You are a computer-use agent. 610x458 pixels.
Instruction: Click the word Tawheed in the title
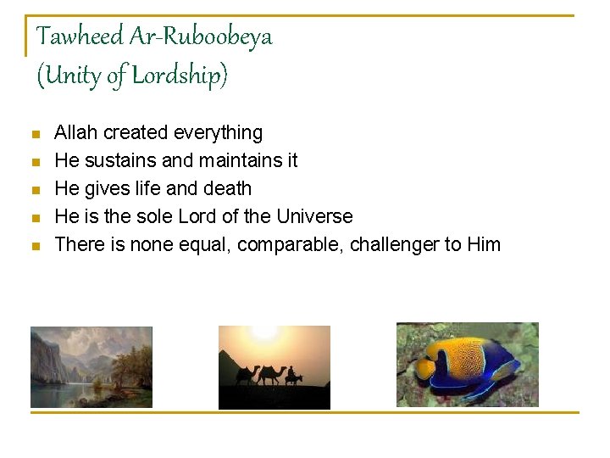pos(80,36)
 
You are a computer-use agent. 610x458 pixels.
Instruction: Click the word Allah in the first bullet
pos(76,132)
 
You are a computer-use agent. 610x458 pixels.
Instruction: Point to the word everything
pos(218,132)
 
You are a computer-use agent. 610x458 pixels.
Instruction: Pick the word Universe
pos(314,216)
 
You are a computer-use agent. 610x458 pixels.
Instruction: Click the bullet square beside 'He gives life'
pos(35,190)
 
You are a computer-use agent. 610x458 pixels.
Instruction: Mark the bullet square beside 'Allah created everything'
pos(35,134)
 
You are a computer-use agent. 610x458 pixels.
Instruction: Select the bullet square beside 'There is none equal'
pos(35,246)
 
